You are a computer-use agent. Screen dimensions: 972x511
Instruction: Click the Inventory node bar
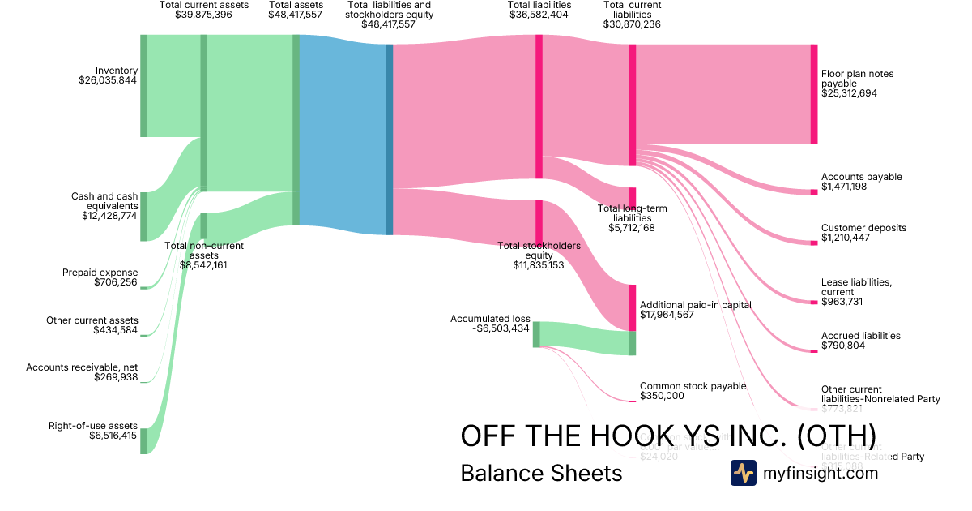[x=144, y=86]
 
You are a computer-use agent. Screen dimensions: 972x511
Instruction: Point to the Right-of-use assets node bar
[x=144, y=440]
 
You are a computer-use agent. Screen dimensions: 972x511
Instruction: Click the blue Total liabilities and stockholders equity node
[x=389, y=140]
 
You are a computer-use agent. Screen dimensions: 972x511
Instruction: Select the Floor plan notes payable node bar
[x=813, y=94]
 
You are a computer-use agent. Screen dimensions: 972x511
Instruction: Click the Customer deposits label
[x=863, y=228]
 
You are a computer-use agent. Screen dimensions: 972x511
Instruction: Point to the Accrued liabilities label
[x=860, y=336]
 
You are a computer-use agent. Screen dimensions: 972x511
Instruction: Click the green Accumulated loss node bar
[x=536, y=334]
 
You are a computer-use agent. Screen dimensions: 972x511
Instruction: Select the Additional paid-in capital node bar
[x=633, y=307]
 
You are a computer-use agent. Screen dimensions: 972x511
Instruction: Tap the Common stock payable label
[x=693, y=386]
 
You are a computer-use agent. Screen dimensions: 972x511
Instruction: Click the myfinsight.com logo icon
[x=743, y=473]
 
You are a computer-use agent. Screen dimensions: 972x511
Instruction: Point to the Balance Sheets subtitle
[x=541, y=473]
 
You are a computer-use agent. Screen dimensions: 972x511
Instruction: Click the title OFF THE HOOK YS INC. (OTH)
[x=667, y=435]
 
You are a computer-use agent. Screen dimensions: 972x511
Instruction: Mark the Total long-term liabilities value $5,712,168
[x=632, y=228]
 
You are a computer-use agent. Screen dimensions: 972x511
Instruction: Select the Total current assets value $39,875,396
[x=204, y=15]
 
